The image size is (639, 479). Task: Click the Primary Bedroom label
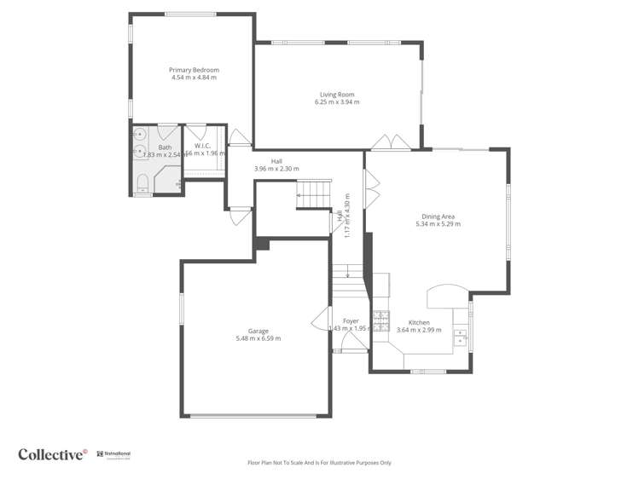click(x=194, y=70)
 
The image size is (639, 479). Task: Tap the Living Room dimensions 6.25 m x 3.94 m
click(x=337, y=102)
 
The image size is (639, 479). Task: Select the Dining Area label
click(x=438, y=216)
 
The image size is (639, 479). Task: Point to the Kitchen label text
click(x=419, y=322)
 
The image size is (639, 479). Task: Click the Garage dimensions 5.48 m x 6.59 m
click(x=259, y=338)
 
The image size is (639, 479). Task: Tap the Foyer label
click(x=351, y=320)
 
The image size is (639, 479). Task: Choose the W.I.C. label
click(x=202, y=146)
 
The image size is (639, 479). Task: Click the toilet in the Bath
click(x=142, y=182)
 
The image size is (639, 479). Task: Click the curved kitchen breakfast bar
click(x=445, y=296)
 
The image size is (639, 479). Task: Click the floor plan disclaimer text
click(x=319, y=463)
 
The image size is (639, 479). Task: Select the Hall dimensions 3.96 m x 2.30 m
click(x=276, y=169)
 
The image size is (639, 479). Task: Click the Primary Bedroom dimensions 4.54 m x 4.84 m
click(x=194, y=78)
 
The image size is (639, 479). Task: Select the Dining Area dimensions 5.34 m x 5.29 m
click(x=438, y=224)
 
